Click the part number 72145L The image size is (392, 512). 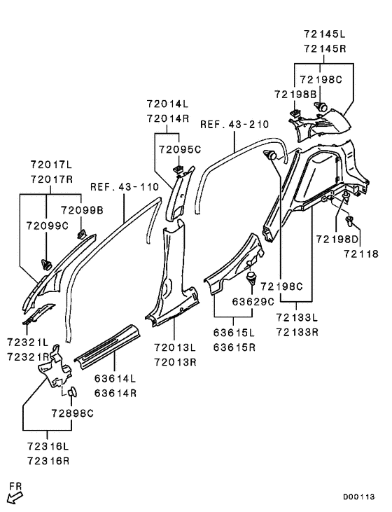click(x=324, y=34)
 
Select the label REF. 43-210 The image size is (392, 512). click(x=234, y=125)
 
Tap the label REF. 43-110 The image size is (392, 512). click(x=125, y=187)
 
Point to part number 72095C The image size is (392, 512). click(x=180, y=150)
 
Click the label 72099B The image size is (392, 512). click(x=82, y=210)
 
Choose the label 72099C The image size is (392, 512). click(x=48, y=226)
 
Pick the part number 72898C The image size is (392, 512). click(x=72, y=413)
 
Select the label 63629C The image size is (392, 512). click(x=253, y=302)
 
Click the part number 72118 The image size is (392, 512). click(x=361, y=254)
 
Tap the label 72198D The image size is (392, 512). click(x=337, y=240)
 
